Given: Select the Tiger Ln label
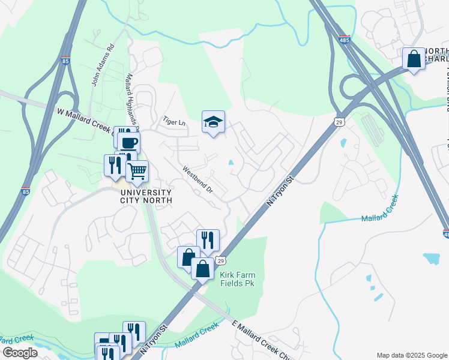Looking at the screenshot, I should (x=175, y=122).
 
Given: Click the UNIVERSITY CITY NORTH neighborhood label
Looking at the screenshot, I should (x=146, y=196).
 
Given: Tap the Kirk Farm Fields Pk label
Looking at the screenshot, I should (x=238, y=280).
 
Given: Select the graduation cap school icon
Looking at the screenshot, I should (x=213, y=122).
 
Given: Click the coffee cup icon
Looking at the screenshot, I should (x=128, y=143).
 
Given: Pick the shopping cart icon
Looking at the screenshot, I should (x=137, y=171).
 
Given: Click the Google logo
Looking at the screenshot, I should (x=19, y=353).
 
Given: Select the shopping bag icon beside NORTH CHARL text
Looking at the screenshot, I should (x=414, y=59).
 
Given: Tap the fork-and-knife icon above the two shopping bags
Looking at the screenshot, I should (x=208, y=240).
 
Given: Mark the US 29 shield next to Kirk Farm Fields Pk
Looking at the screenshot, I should (x=220, y=262).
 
